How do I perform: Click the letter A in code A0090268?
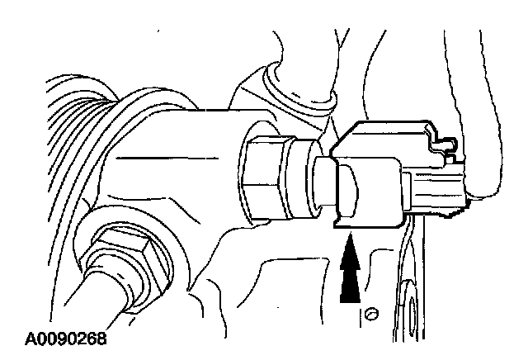pos(30,339)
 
